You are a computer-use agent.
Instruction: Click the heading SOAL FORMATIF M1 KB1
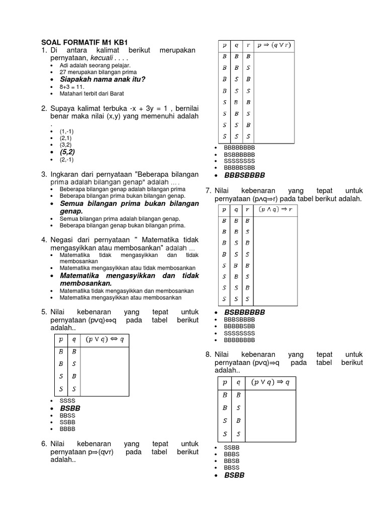click(x=83, y=43)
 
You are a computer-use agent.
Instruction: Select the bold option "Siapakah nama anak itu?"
click(x=102, y=79)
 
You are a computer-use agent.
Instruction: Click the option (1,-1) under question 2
click(x=67, y=131)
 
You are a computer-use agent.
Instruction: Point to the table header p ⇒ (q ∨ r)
click(x=274, y=45)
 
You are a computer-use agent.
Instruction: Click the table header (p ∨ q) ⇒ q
click(x=270, y=382)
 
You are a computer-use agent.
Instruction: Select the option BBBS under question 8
click(x=232, y=454)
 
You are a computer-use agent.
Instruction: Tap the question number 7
click(x=208, y=191)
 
